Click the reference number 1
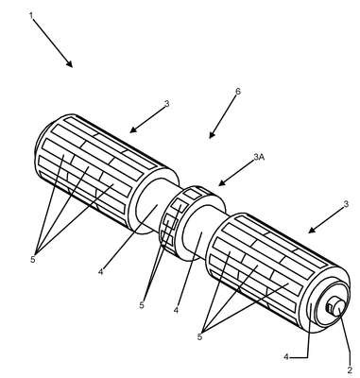(31, 15)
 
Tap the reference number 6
(238, 92)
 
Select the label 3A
(259, 157)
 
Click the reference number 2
(350, 369)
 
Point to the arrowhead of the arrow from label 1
(70, 63)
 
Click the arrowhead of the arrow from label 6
(212, 134)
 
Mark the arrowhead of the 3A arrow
(222, 183)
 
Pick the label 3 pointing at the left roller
(167, 103)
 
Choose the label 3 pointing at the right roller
(346, 204)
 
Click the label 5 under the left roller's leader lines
(33, 259)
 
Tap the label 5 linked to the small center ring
(142, 304)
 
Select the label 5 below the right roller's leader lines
(199, 336)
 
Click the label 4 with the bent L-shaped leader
(286, 357)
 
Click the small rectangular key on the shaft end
(330, 307)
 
